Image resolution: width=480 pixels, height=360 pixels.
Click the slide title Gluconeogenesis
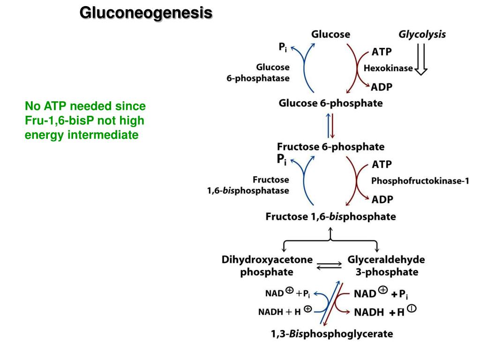146,13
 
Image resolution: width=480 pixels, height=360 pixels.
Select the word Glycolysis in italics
422,34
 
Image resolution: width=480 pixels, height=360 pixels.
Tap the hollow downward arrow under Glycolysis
421,59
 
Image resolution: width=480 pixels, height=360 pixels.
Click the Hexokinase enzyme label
388,68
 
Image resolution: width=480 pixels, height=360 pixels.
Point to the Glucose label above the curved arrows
330,34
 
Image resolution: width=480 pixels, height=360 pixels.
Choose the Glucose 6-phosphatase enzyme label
258,73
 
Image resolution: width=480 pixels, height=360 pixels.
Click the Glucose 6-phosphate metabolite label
330,103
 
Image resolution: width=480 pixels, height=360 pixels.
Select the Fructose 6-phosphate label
331,147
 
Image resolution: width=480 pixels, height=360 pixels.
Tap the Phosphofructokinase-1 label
420,181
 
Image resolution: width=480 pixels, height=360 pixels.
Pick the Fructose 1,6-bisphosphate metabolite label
331,217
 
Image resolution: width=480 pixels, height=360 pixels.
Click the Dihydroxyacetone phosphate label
267,266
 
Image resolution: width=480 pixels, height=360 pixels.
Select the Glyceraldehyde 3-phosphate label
386,266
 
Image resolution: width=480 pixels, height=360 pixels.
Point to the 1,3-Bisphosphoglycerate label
332,334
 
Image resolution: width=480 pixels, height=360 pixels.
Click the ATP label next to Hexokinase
382,51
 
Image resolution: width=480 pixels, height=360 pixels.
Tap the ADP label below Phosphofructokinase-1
382,199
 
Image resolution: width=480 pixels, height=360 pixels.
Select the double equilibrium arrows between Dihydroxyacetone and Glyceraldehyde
330,266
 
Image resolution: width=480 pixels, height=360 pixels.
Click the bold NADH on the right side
369,312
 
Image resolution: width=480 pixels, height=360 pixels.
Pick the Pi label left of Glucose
283,47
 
